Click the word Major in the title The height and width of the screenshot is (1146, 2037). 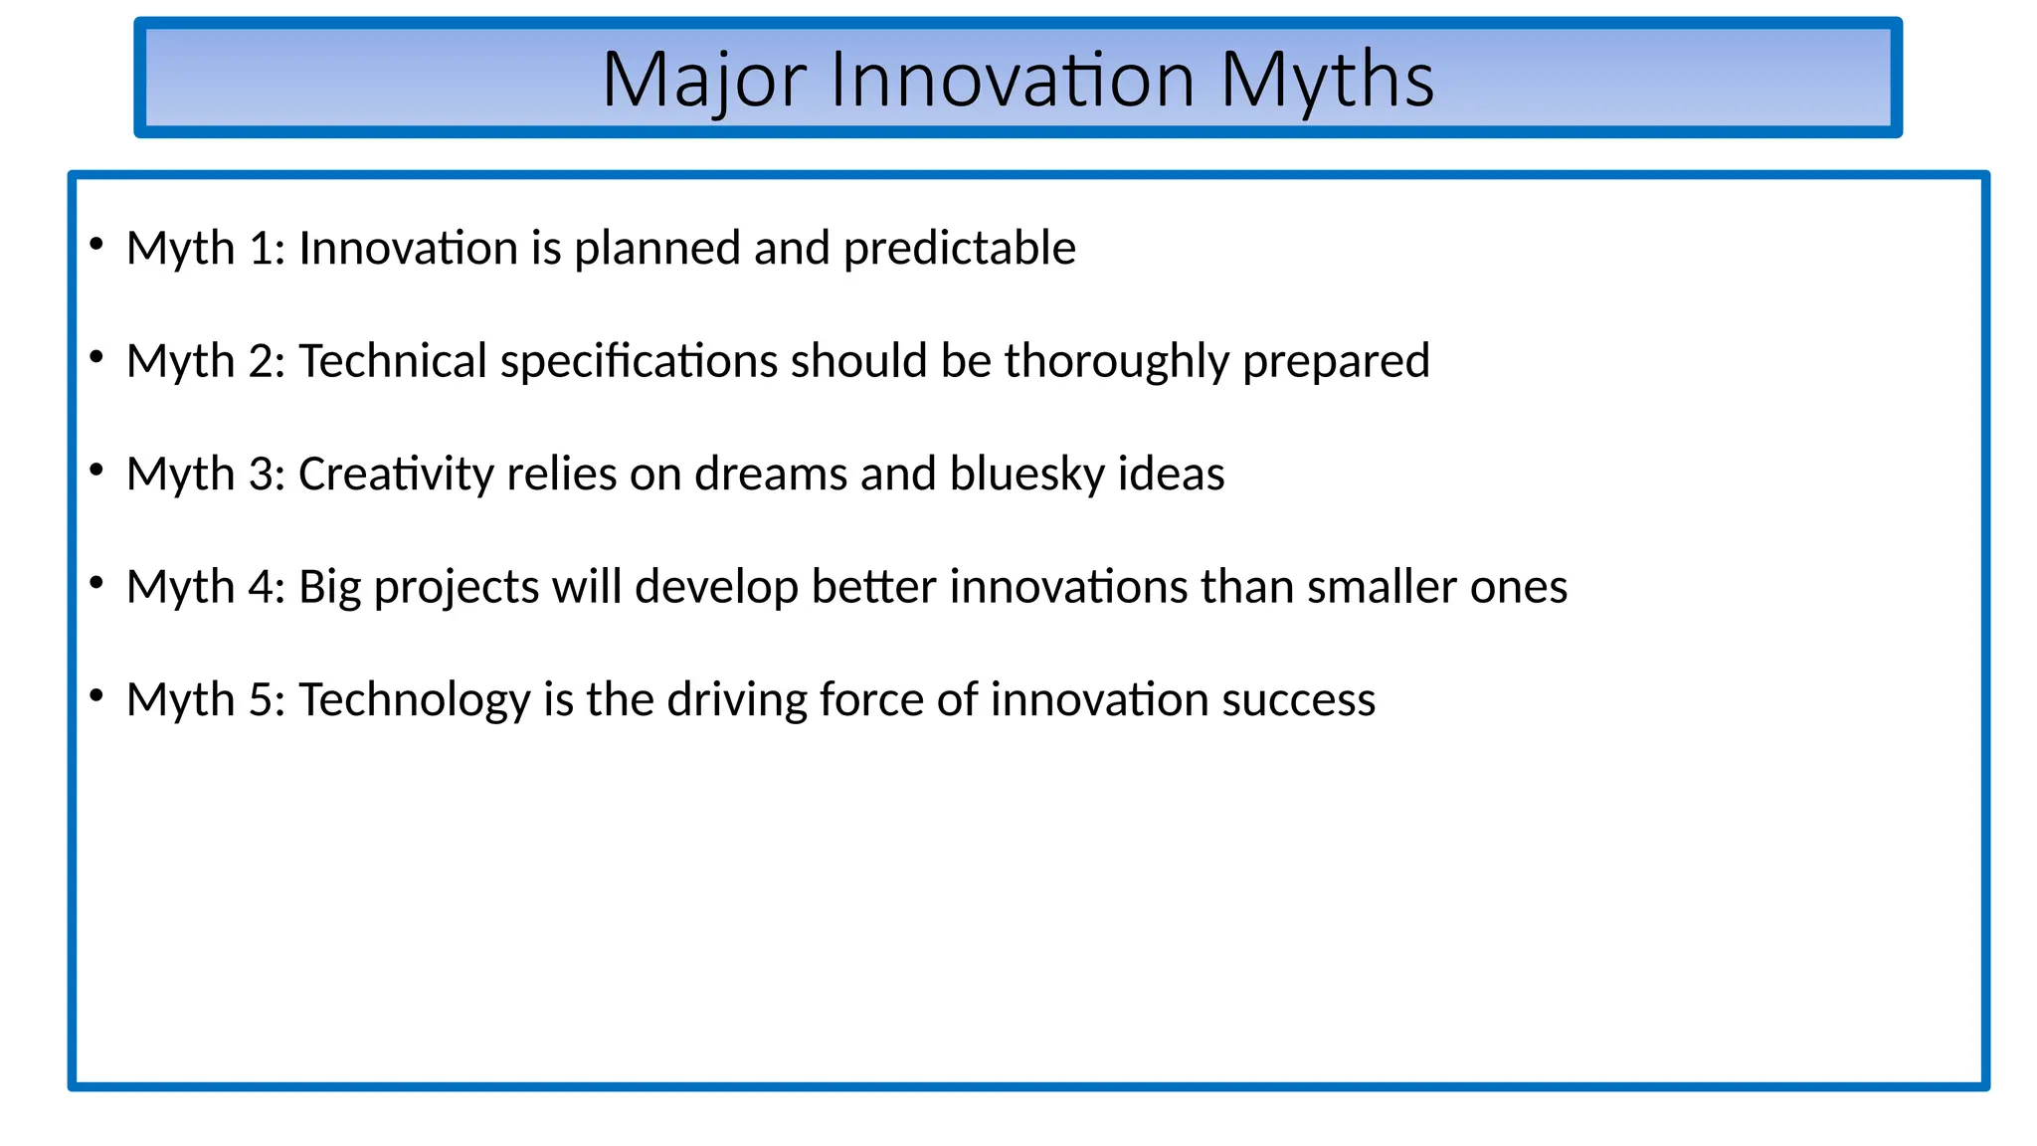pyautogui.click(x=703, y=80)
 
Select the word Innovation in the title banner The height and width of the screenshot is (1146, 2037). pyautogui.click(x=1012, y=80)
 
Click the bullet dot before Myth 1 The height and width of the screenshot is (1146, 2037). pyautogui.click(x=96, y=244)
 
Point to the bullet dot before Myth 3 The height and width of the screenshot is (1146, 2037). pyautogui.click(x=96, y=470)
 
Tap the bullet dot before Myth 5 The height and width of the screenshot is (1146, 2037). pyautogui.click(x=96, y=695)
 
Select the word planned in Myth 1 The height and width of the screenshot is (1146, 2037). pyautogui.click(x=656, y=248)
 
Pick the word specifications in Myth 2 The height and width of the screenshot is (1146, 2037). pyautogui.click(x=638, y=361)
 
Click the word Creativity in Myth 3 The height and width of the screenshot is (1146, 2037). pyautogui.click(x=395, y=474)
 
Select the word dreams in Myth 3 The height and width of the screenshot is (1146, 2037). pyautogui.click(x=771, y=474)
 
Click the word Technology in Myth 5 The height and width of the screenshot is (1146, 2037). pyautogui.click(x=414, y=699)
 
